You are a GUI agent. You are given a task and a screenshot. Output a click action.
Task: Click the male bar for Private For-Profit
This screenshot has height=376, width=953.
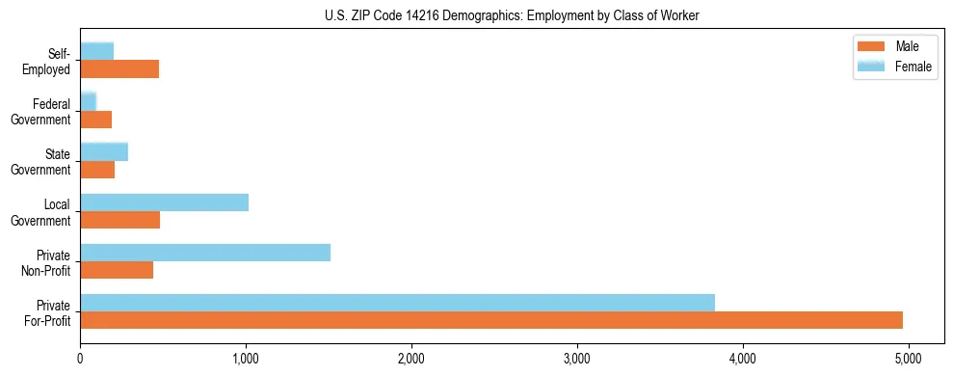pos(491,320)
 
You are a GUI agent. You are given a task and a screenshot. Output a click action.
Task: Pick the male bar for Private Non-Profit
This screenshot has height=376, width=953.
pos(117,270)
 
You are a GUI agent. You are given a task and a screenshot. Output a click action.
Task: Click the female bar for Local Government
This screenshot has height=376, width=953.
pos(164,202)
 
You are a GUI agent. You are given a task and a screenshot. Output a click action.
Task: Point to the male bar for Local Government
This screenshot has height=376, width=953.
pos(119,220)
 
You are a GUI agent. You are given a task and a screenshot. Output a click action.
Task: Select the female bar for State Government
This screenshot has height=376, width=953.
pos(104,152)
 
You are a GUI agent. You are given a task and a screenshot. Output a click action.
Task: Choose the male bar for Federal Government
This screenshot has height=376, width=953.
pos(96,120)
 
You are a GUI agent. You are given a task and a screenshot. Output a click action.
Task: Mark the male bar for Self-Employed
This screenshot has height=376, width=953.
pos(119,69)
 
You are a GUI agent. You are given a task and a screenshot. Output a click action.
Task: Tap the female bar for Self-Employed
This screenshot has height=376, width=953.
pos(97,52)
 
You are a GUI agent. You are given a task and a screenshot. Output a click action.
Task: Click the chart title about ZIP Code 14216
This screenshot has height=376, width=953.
pos(514,14)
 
